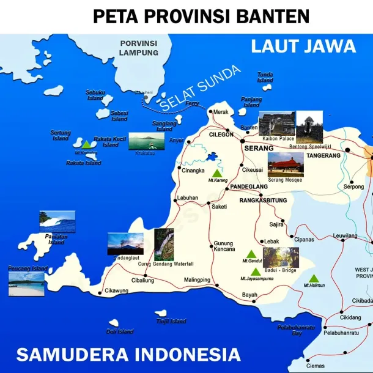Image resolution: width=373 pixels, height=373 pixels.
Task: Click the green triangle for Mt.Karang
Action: (216, 174)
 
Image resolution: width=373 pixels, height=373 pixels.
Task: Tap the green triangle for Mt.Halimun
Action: (314, 278)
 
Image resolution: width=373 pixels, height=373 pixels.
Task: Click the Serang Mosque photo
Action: (286, 164)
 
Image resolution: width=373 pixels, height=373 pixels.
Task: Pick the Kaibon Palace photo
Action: (276, 123)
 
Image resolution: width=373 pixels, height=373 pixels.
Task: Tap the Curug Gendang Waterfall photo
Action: (164, 244)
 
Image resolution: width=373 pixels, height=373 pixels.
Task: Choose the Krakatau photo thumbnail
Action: (146, 141)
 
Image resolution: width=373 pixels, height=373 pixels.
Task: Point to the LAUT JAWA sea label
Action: (303, 46)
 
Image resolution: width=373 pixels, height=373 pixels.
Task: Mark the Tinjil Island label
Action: (171, 321)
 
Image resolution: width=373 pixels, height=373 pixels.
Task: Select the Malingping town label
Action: (198, 279)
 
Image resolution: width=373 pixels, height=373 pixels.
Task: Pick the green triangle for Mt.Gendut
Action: (251, 254)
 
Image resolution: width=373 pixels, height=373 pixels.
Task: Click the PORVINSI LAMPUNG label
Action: (139, 48)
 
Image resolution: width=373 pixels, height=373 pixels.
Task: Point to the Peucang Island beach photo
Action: (26, 284)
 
